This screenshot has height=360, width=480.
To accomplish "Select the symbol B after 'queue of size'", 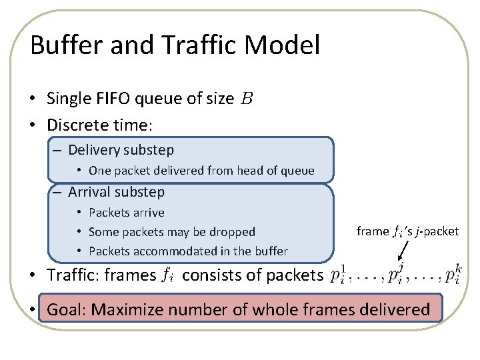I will [247, 99].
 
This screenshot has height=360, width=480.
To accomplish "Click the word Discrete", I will [76, 125].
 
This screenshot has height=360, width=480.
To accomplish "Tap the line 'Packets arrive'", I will [127, 213].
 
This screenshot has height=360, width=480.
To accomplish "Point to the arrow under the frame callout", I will [405, 252].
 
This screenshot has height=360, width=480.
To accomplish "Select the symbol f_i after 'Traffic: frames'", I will [169, 275].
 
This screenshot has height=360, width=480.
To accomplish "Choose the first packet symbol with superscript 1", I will [338, 275].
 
